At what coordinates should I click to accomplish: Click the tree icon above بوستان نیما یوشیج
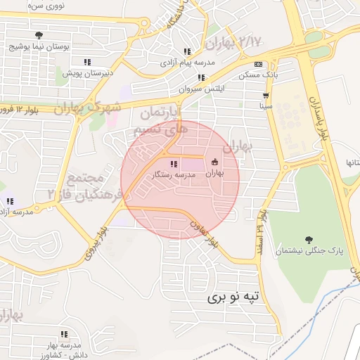click(38, 36)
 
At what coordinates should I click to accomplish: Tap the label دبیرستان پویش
click(83, 72)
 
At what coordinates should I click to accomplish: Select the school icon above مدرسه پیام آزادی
click(187, 51)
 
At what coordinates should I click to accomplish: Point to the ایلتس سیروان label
click(201, 89)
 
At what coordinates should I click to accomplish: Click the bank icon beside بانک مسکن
click(258, 63)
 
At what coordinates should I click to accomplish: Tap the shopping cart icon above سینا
click(266, 95)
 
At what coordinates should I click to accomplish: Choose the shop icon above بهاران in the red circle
click(215, 161)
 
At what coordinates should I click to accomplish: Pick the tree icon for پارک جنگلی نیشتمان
click(308, 239)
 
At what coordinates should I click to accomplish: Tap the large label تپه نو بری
click(233, 297)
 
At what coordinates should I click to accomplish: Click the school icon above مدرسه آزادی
click(9, 201)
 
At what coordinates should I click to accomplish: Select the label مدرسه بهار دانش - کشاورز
click(64, 347)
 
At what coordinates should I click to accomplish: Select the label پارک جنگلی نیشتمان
click(308, 251)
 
